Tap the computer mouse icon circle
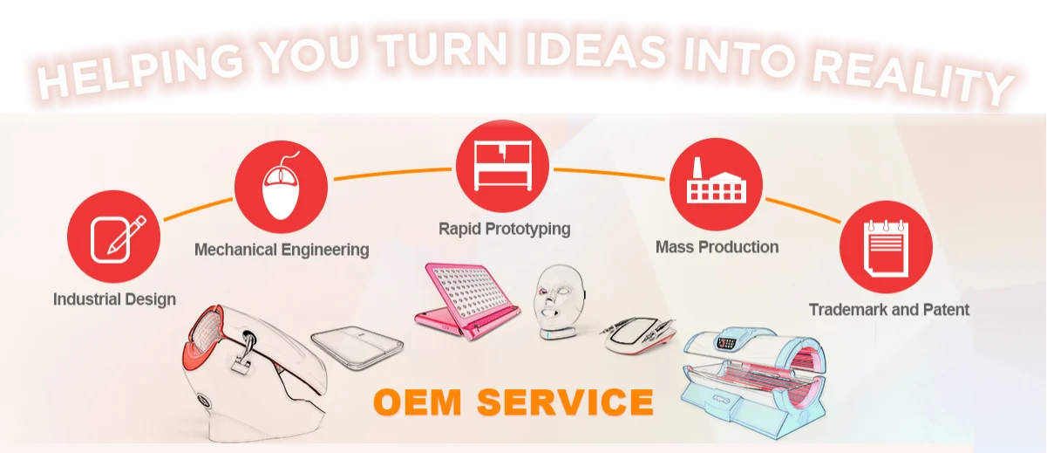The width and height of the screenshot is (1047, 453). point(282,186)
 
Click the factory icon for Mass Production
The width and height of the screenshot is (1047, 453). point(715,183)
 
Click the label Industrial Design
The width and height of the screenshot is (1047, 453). point(114,299)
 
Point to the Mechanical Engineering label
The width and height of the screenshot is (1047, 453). point(282,250)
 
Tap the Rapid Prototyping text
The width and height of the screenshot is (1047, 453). point(504,229)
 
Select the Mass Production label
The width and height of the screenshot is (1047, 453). point(717,247)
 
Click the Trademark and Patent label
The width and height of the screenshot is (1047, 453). point(888,309)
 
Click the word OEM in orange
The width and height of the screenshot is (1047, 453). point(418,402)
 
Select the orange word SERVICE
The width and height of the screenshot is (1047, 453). point(567,402)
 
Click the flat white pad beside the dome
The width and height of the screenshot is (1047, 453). point(357,346)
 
